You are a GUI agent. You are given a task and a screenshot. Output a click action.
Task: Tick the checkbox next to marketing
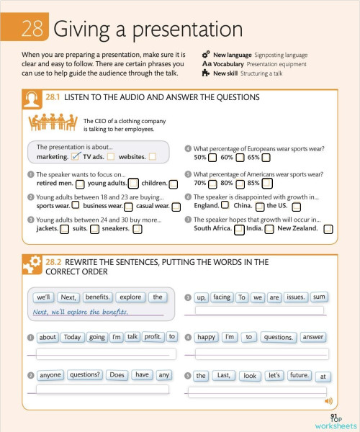[x=76, y=156]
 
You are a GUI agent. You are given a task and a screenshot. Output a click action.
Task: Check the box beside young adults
[x=133, y=184]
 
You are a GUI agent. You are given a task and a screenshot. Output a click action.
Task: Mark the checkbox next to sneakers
[x=137, y=229]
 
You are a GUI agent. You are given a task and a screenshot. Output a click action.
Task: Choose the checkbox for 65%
[x=266, y=157]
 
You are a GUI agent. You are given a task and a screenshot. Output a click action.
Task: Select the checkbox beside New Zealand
[x=328, y=229]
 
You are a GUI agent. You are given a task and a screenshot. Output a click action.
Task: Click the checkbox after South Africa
[x=239, y=229]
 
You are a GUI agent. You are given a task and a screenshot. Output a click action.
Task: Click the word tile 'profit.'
[x=152, y=336]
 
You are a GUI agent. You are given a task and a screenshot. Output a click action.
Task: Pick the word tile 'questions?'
[x=86, y=374]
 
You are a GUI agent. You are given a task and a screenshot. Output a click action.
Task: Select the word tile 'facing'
[x=222, y=297]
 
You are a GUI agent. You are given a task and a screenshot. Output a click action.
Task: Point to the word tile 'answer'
[x=313, y=336]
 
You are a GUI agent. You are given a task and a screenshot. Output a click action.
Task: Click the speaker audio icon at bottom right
[x=329, y=400]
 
